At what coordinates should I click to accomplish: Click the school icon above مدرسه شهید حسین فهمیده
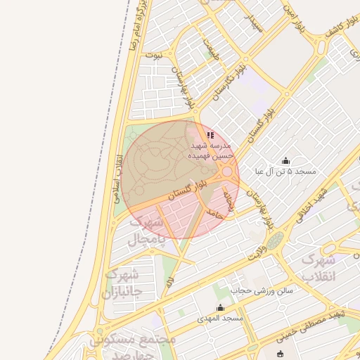pyautogui.click(x=210, y=135)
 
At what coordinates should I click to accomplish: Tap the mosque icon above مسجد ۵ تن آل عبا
pyautogui.click(x=285, y=160)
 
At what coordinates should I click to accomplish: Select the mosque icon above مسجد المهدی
pyautogui.click(x=220, y=307)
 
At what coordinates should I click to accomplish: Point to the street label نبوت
pyautogui.click(x=153, y=53)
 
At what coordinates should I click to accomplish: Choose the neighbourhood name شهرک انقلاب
pyautogui.click(x=321, y=268)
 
